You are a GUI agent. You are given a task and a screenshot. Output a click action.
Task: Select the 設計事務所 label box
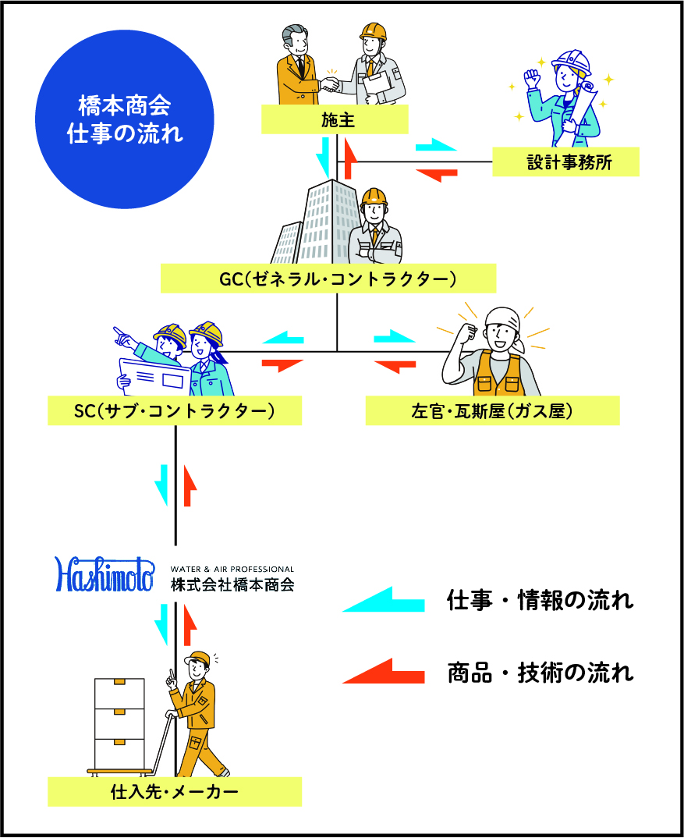(565, 163)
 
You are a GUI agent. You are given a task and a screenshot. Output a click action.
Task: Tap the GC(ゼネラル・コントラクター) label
(328, 279)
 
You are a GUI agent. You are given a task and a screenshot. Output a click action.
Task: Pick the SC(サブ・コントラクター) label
(175, 410)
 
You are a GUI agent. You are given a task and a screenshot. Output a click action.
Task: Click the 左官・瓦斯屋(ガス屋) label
(492, 410)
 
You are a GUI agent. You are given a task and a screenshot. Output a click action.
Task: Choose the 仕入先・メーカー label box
(175, 792)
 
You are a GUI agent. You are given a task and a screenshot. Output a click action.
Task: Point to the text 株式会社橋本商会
(232, 584)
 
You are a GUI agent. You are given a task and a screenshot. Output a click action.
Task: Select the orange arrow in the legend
(383, 672)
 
